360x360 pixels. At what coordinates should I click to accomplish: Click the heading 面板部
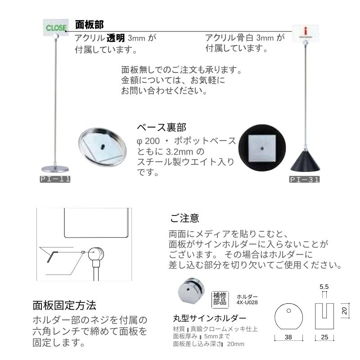(90, 23)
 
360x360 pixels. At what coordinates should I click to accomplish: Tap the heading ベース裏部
(162, 127)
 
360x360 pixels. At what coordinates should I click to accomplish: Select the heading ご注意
(185, 218)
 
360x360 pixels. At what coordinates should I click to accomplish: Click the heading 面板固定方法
(64, 306)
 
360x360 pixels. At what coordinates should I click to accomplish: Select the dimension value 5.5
(324, 286)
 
